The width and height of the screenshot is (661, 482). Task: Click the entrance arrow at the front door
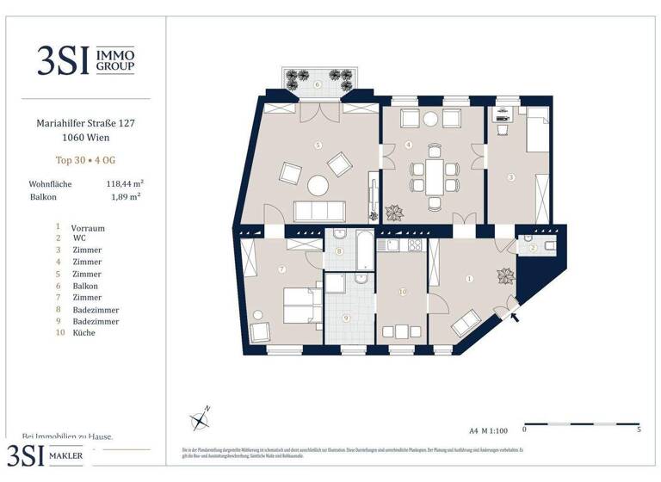[x=516, y=317]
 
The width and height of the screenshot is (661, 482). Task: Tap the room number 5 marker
[x=318, y=145]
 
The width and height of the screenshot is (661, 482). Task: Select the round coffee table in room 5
[x=318, y=185]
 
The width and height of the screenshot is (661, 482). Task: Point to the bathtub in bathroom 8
[x=364, y=251]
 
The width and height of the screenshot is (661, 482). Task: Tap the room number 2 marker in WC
[x=533, y=248]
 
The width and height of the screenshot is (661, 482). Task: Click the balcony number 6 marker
[x=318, y=84]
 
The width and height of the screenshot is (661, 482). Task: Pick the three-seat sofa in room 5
[x=320, y=211]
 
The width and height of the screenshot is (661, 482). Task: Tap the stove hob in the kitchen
[x=414, y=245]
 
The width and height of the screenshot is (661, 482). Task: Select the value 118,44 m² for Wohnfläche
[x=124, y=183]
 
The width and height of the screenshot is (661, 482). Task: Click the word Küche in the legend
[x=83, y=332]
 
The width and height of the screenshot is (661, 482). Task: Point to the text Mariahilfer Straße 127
[x=85, y=123]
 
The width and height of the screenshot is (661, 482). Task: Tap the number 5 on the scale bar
[x=638, y=429]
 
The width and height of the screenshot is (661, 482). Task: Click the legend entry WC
[x=78, y=238]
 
